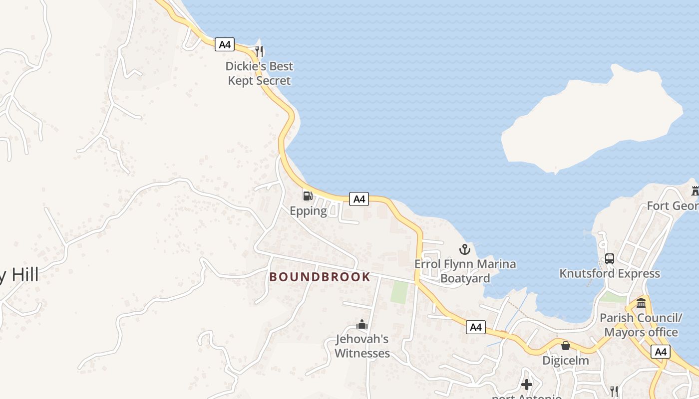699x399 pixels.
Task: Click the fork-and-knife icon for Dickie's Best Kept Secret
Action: (x=259, y=51)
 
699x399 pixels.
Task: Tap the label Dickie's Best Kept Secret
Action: (x=259, y=73)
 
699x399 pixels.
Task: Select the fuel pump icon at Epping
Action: (x=308, y=196)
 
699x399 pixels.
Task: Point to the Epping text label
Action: (x=308, y=211)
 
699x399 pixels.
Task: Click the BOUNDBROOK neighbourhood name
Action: (x=320, y=277)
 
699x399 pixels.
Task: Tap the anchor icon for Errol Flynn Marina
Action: (x=465, y=249)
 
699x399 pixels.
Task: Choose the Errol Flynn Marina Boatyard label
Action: (x=465, y=271)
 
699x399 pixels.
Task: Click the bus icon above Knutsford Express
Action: (x=609, y=258)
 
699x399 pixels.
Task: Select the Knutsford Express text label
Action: (x=609, y=274)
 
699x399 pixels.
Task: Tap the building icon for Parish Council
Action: (x=641, y=303)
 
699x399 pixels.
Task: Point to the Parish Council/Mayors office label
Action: (x=641, y=325)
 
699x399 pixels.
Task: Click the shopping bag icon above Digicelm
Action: (x=566, y=345)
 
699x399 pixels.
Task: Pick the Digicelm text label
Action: (x=566, y=360)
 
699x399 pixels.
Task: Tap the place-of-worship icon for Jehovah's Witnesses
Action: (x=362, y=324)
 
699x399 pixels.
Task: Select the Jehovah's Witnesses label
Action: (x=362, y=346)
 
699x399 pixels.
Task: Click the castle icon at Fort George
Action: (x=695, y=191)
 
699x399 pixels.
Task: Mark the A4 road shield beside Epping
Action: (x=358, y=199)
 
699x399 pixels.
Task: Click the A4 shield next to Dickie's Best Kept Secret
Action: (x=225, y=44)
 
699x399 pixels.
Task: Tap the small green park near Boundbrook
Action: (x=399, y=292)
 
